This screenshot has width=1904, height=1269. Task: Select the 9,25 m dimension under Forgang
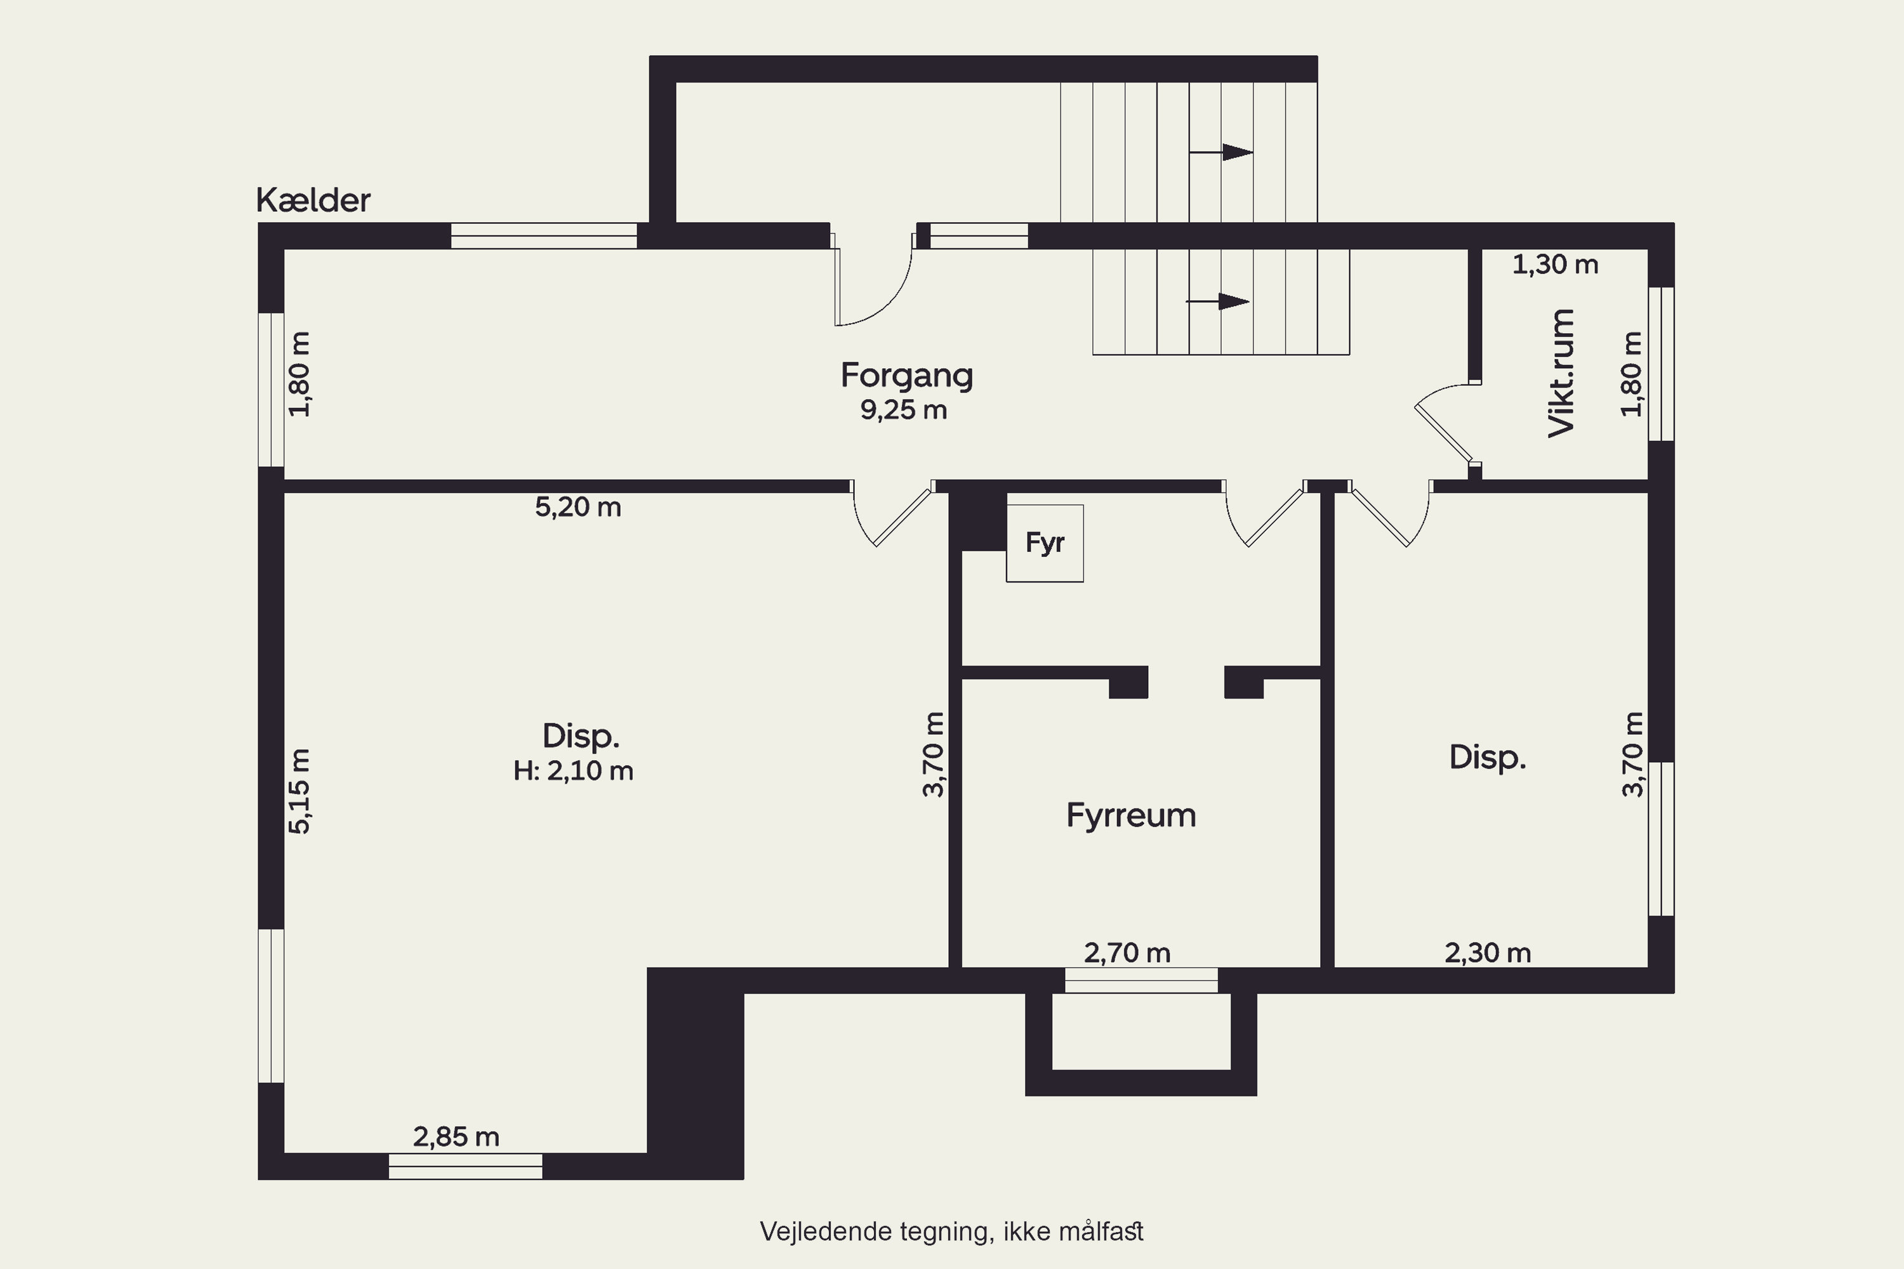903,411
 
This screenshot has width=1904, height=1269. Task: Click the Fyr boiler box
1044,543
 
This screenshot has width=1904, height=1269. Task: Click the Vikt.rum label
1561,373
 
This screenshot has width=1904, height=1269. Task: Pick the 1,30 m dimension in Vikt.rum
1555,265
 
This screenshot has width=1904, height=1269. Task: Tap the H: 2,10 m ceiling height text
573,770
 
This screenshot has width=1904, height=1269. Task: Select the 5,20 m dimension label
578,508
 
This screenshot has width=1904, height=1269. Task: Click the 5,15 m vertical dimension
300,791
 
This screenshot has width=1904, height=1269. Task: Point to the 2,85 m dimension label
456,1137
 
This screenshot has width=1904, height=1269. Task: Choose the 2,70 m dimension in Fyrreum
1127,954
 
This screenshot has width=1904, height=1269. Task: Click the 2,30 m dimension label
1488,954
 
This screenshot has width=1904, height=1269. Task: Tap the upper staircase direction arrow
1220,152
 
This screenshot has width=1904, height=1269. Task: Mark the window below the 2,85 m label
465,1166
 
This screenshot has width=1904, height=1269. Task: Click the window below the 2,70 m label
1141,980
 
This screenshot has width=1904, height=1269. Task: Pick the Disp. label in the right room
1487,758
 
